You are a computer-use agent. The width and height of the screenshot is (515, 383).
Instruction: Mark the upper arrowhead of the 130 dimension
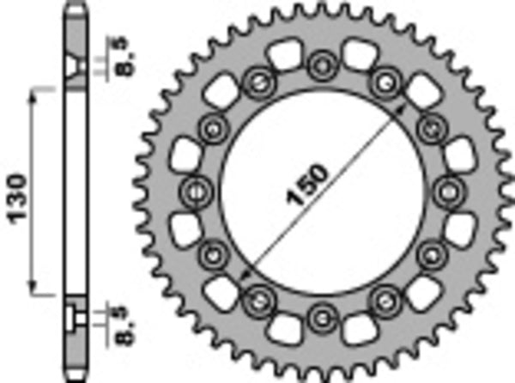pos(35,90)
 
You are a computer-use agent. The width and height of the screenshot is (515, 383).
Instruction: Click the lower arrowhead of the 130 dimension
pos(35,289)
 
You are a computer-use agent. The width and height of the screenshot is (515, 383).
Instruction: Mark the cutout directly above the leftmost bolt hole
pos(188,155)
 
